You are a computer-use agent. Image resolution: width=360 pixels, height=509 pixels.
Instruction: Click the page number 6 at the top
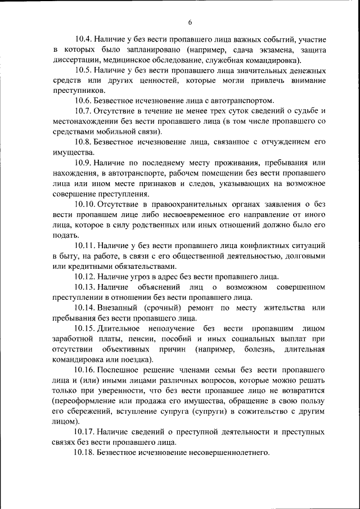pyautogui.click(x=190, y=22)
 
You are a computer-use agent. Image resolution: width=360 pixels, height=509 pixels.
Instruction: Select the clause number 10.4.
pyautogui.click(x=83, y=40)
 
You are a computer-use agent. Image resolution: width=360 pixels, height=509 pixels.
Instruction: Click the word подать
pyautogui.click(x=62, y=232)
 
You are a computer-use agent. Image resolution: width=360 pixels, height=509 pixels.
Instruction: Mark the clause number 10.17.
pyautogui.click(x=84, y=431)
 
